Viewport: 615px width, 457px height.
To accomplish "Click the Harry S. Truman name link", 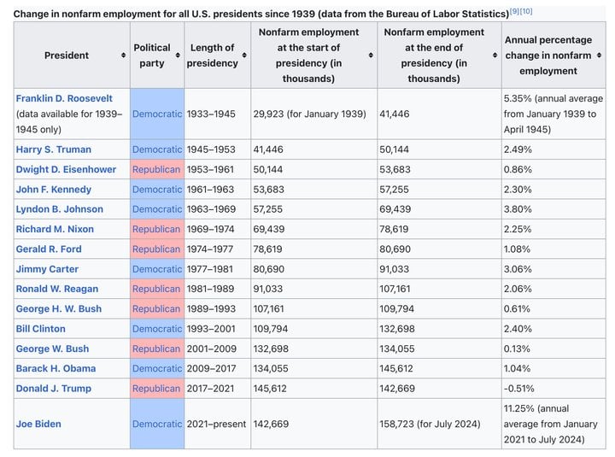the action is point(53,149).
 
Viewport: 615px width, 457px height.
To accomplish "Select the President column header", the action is point(67,56).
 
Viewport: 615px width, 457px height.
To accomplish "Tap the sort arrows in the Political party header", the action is point(178,56).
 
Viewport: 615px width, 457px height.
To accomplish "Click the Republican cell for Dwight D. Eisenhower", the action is point(156,169).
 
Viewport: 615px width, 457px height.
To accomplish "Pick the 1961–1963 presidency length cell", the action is point(210,190).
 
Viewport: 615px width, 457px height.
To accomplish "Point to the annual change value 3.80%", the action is point(518,209).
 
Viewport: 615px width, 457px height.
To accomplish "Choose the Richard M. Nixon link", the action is point(55,229).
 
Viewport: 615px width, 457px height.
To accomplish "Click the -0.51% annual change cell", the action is point(519,389).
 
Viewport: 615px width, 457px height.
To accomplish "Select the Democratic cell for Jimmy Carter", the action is point(157,269).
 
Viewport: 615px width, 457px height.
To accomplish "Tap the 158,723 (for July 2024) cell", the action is point(430,424).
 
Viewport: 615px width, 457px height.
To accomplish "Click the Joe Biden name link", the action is point(38,424).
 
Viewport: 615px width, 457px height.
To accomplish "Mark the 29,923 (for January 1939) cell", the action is point(309,114).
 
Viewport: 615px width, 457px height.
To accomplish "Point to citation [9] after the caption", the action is point(515,11).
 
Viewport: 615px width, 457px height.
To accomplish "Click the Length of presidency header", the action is point(212,56).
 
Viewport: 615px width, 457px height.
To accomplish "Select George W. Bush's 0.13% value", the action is point(517,349).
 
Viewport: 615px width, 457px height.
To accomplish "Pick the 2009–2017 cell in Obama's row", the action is point(212,368).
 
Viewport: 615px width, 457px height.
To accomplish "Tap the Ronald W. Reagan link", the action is point(57,289).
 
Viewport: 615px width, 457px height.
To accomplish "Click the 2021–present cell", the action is point(216,424).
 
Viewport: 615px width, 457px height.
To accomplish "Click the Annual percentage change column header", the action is point(548,56).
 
